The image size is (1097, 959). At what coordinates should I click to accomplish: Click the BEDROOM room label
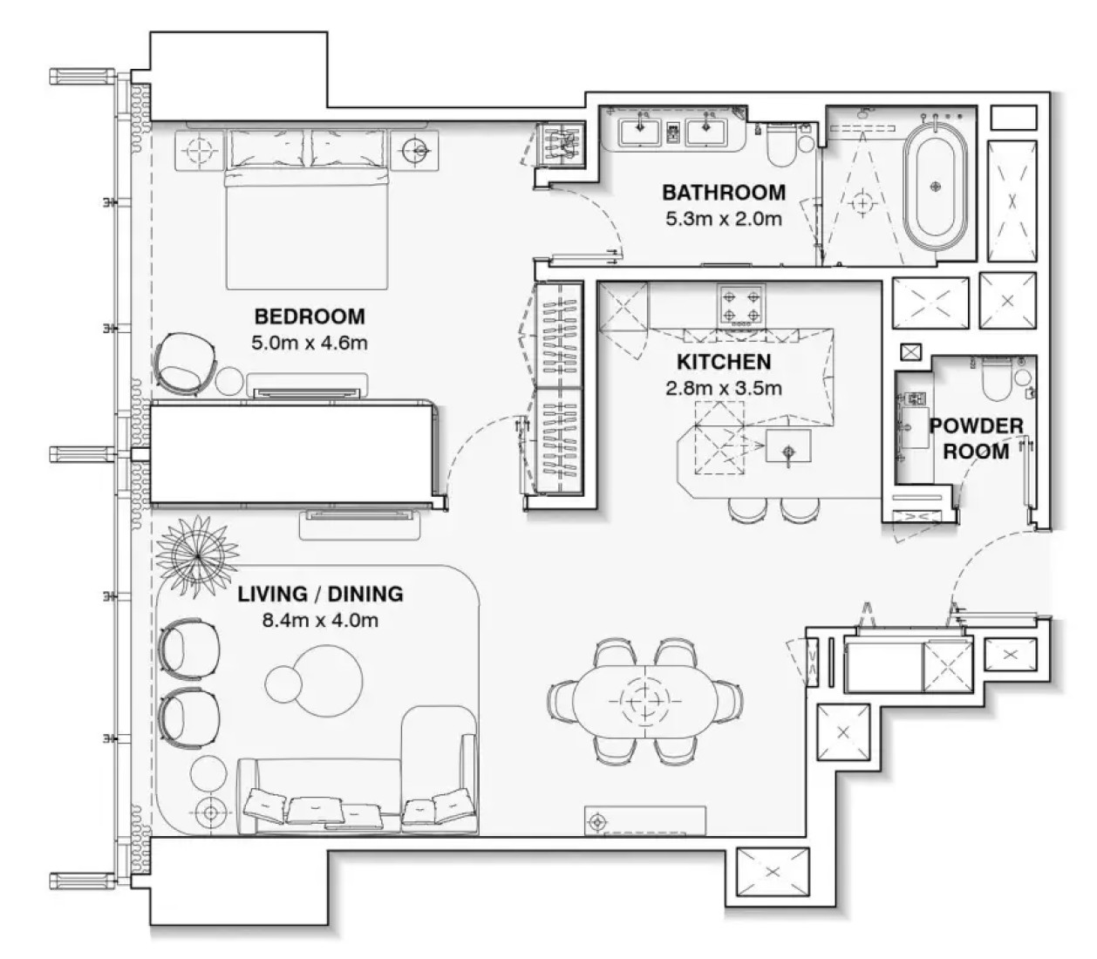(310, 316)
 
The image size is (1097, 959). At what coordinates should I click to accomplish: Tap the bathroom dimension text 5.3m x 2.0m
(724, 219)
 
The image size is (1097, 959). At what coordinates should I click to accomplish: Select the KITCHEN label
(724, 362)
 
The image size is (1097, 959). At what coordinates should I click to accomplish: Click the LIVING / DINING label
(320, 594)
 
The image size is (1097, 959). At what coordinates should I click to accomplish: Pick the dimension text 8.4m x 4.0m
(320, 620)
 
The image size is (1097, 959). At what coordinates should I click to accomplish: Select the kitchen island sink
(787, 445)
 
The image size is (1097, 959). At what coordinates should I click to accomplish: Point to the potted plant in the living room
(198, 556)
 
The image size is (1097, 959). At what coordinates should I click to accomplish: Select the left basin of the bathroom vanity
(640, 133)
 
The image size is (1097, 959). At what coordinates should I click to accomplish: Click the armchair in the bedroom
(185, 364)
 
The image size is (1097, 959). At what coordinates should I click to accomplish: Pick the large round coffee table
(328, 681)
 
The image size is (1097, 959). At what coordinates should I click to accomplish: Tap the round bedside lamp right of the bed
(415, 150)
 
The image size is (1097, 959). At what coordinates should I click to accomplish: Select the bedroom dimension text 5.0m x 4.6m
(310, 343)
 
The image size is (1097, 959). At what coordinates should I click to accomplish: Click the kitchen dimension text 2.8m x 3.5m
(724, 388)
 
